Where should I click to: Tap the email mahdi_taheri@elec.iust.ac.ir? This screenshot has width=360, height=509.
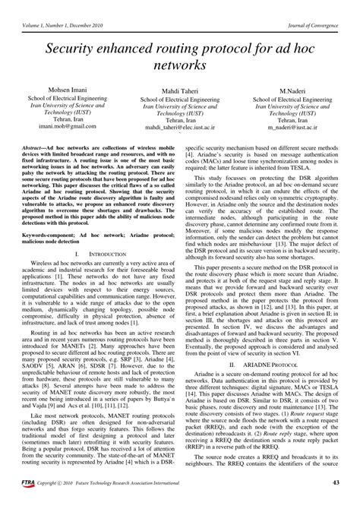(180, 130)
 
